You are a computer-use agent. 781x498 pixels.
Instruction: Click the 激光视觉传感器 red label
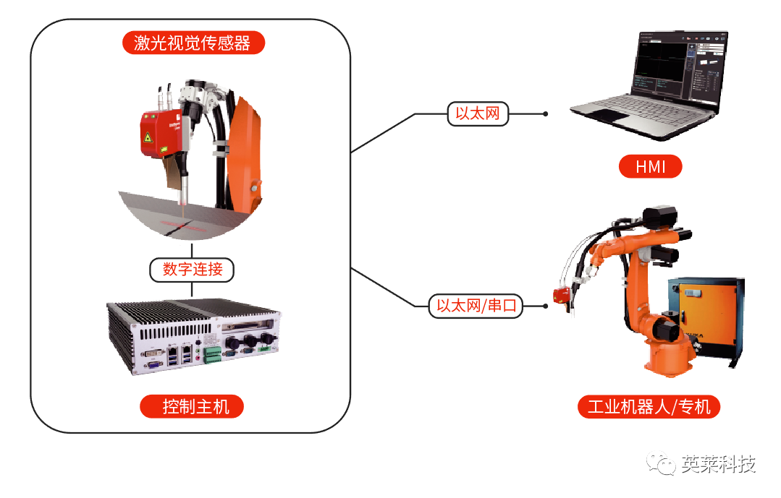(x=193, y=43)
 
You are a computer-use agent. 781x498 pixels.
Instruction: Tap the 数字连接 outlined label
(x=193, y=270)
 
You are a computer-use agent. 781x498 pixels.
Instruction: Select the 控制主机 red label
(x=193, y=406)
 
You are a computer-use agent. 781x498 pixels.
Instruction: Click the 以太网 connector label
(x=478, y=113)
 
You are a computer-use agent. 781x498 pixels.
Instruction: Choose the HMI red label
(x=650, y=168)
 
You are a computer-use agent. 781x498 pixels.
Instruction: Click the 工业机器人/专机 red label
(x=649, y=407)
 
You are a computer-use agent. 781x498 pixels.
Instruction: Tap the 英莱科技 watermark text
(x=718, y=464)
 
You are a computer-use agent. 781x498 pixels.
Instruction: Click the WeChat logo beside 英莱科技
(x=662, y=464)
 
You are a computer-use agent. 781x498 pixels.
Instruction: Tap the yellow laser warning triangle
(x=149, y=137)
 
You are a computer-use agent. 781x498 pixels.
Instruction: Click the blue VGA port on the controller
(x=154, y=364)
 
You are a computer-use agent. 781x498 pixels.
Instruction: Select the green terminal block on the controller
(x=212, y=356)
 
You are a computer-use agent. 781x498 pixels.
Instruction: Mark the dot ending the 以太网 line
(x=545, y=113)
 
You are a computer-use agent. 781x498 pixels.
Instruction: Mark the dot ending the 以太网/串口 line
(x=545, y=306)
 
